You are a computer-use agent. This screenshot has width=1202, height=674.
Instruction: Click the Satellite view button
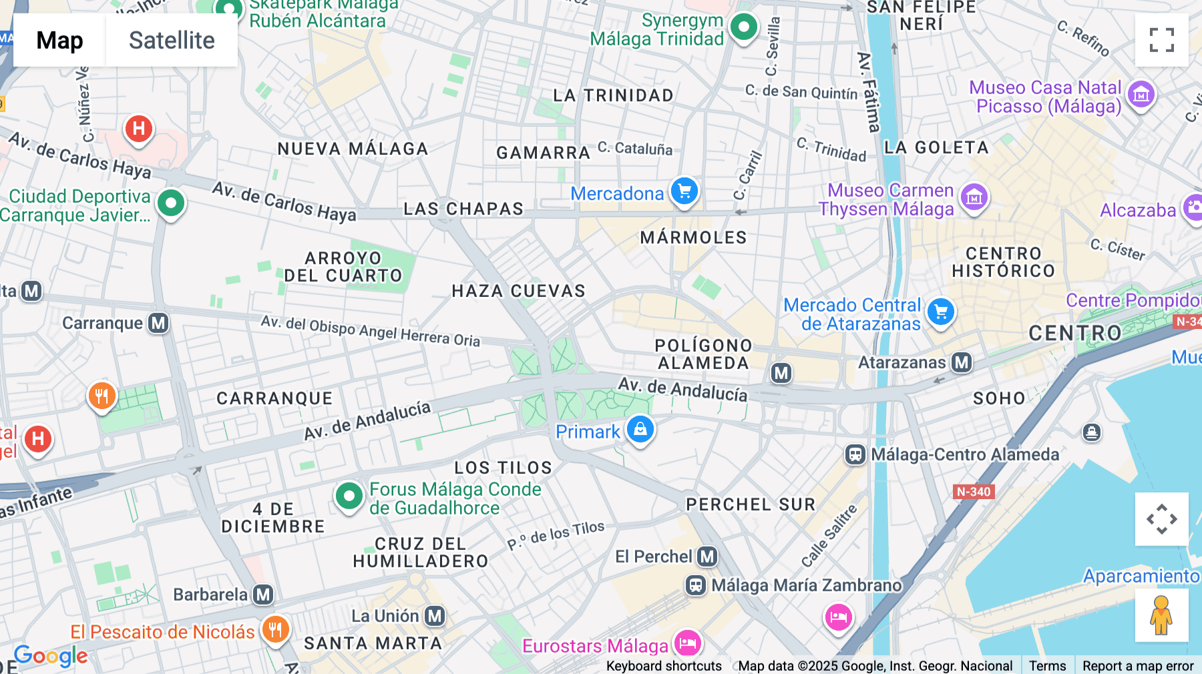[172, 40]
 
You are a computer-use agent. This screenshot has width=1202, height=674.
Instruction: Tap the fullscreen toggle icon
[1161, 40]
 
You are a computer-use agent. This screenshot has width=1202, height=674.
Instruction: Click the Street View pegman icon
[1161, 615]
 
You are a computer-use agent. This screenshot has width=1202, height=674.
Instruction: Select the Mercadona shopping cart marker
[684, 192]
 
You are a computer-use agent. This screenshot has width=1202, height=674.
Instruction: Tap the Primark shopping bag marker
[640, 429]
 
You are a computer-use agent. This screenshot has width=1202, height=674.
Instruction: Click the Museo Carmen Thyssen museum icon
[974, 198]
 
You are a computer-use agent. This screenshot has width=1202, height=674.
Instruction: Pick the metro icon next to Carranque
[158, 323]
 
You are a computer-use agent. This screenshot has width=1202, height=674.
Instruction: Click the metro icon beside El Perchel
[707, 556]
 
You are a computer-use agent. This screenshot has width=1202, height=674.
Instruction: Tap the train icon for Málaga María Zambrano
[696, 585]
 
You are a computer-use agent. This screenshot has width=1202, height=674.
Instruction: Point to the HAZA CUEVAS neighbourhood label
[518, 291]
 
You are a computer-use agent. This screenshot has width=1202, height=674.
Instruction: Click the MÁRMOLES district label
[693, 238]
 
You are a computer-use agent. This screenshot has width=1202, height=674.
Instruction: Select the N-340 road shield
[974, 492]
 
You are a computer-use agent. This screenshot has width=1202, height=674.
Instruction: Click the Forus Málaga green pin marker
[349, 496]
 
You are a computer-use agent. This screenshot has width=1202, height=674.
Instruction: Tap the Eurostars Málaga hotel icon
[688, 643]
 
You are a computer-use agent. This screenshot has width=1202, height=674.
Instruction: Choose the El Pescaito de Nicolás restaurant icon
[275, 629]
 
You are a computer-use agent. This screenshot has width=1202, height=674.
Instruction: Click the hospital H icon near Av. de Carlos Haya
[139, 127]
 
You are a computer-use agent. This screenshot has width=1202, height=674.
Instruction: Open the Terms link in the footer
[1047, 665]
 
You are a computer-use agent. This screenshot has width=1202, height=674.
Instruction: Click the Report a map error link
[1138, 665]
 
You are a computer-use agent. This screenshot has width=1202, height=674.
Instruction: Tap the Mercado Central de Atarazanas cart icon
[942, 312]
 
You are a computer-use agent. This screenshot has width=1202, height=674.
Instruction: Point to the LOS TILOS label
[504, 468]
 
